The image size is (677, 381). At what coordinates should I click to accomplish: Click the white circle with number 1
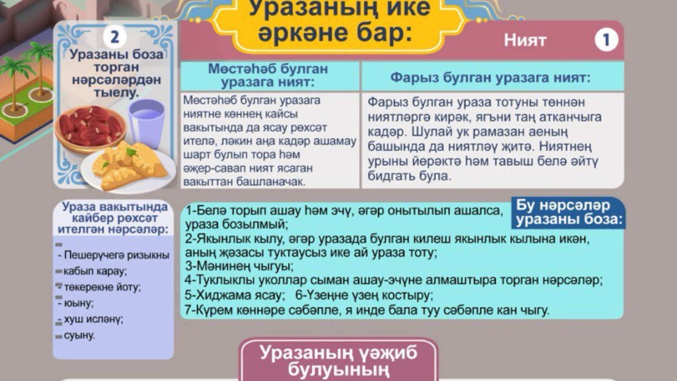[x=606, y=40]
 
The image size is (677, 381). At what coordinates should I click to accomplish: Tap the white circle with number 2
[x=114, y=37]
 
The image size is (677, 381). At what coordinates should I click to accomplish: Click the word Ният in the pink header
[x=525, y=40]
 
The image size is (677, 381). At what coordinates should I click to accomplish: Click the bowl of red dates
[x=90, y=128]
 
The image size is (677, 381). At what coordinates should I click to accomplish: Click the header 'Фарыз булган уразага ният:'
[x=490, y=78]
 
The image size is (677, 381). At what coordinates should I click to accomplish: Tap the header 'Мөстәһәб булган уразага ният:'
[x=268, y=75]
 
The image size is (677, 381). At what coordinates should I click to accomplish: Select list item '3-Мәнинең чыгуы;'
[x=239, y=266]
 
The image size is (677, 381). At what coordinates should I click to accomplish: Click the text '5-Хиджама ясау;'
[x=235, y=295]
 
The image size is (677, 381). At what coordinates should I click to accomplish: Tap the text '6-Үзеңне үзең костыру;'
[x=364, y=295]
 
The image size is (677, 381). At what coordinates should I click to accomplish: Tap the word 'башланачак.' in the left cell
[x=270, y=182]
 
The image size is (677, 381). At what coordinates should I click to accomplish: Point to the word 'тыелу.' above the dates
[x=116, y=92]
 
